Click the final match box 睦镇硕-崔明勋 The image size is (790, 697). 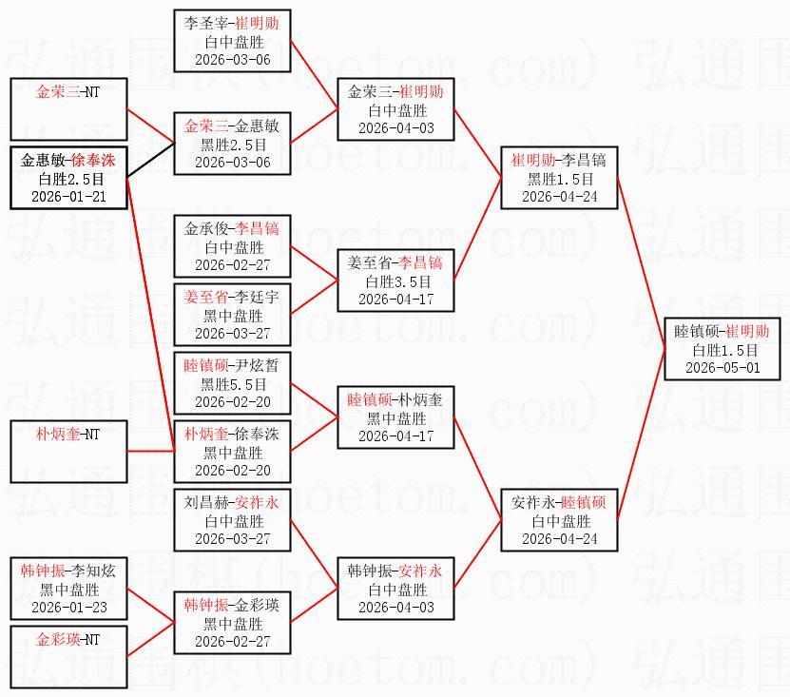pyautogui.click(x=723, y=349)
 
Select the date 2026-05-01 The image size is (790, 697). pyautogui.click(x=723, y=367)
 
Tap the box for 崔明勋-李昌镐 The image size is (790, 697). pyautogui.click(x=559, y=178)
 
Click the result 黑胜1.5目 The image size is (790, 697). pyautogui.click(x=559, y=179)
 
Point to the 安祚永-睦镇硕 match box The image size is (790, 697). pyautogui.click(x=559, y=520)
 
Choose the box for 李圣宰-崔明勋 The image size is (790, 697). pyautogui.click(x=232, y=41)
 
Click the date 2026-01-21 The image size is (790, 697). pyautogui.click(x=69, y=197)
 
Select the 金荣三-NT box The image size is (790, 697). pyautogui.click(x=68, y=109)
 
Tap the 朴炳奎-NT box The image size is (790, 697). pyautogui.click(x=68, y=452)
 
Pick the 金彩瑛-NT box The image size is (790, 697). pyautogui.click(x=68, y=657)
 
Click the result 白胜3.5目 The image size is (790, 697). pyautogui.click(x=396, y=281)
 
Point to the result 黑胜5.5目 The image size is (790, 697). pyautogui.click(x=233, y=384)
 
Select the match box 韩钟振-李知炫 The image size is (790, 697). pyautogui.click(x=68, y=589)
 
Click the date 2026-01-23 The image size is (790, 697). pyautogui.click(x=69, y=608)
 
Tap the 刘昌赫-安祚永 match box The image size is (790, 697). pyautogui.click(x=232, y=520)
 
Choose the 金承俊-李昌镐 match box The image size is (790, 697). pyautogui.click(x=232, y=246)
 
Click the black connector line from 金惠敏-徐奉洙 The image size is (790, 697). pyautogui.click(x=150, y=161)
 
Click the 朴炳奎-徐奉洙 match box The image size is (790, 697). pyautogui.click(x=232, y=452)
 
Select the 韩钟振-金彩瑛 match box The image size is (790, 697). pyautogui.click(x=232, y=623)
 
